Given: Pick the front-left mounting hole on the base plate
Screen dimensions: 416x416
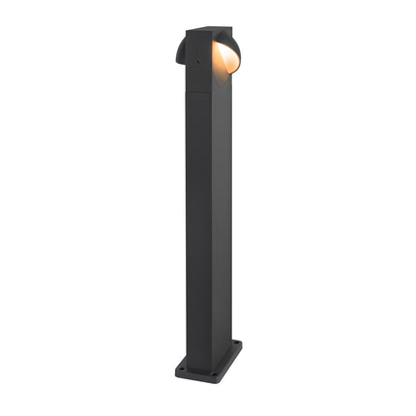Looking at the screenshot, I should (x=184, y=368).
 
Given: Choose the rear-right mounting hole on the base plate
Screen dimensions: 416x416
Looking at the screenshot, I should (x=235, y=345).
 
